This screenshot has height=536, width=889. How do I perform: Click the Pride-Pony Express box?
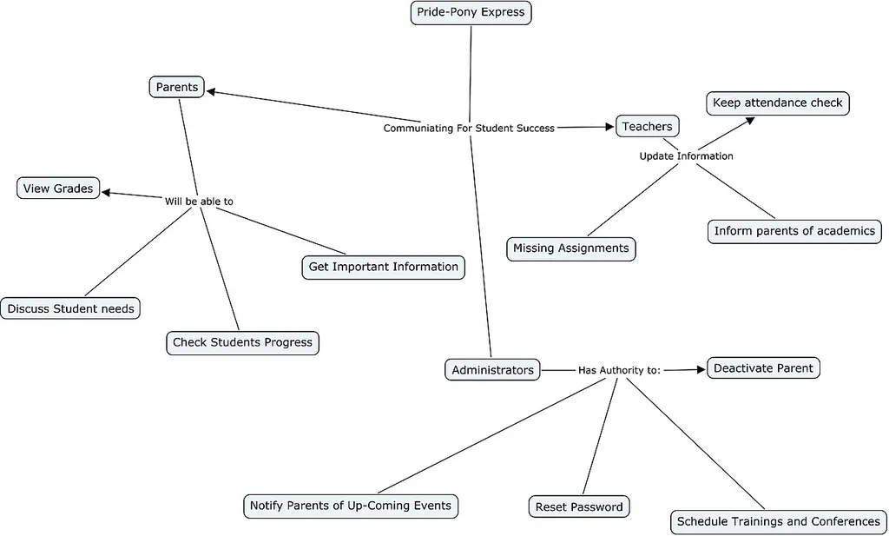click(x=471, y=12)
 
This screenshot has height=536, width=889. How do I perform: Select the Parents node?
click(x=177, y=88)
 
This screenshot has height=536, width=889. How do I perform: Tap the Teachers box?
click(x=647, y=127)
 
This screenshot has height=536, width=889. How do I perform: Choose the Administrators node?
click(x=492, y=370)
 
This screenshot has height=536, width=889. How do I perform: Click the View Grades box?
click(x=58, y=189)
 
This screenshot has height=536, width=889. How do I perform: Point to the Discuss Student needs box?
click(x=70, y=308)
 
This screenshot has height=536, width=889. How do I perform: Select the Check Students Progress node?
click(x=243, y=342)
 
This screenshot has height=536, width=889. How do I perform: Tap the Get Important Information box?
click(x=383, y=268)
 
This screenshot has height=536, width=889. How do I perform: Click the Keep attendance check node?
click(x=778, y=103)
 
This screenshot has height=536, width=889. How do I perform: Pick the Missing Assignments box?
click(x=571, y=248)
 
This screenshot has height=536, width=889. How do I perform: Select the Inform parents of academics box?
click(x=794, y=231)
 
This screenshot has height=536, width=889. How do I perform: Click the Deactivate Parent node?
click(x=763, y=368)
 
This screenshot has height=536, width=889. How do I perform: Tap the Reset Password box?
click(x=579, y=506)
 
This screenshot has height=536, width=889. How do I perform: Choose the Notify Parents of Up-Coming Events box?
click(x=351, y=506)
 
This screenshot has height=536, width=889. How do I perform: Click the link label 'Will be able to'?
click(x=199, y=202)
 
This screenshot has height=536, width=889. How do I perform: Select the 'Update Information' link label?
click(x=686, y=156)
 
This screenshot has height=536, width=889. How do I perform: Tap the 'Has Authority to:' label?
click(x=619, y=370)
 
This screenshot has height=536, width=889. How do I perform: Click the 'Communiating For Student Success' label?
click(x=469, y=129)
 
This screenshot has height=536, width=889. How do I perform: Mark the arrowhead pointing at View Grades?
click(x=106, y=193)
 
